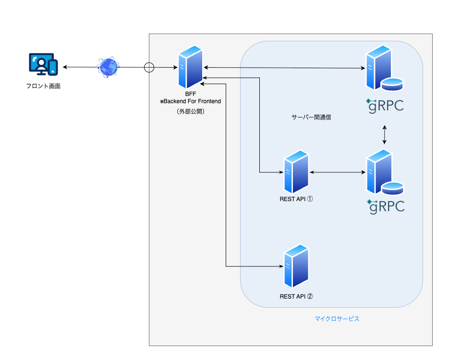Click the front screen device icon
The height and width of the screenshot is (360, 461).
click(43, 65)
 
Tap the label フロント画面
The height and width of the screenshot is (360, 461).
click(43, 86)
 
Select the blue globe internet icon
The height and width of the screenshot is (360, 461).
click(108, 67)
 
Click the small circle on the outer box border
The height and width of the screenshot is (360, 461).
click(149, 67)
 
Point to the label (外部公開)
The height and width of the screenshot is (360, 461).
click(190, 111)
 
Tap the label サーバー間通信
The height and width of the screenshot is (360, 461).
click(311, 117)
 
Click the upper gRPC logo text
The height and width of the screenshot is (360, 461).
click(385, 105)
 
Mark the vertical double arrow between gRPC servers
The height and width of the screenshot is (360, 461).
click(384, 135)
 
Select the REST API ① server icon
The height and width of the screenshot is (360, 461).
click(296, 171)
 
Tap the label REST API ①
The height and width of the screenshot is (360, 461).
click(296, 199)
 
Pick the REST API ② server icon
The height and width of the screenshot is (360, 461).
click(296, 266)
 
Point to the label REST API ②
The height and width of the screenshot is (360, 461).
click(296, 296)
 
